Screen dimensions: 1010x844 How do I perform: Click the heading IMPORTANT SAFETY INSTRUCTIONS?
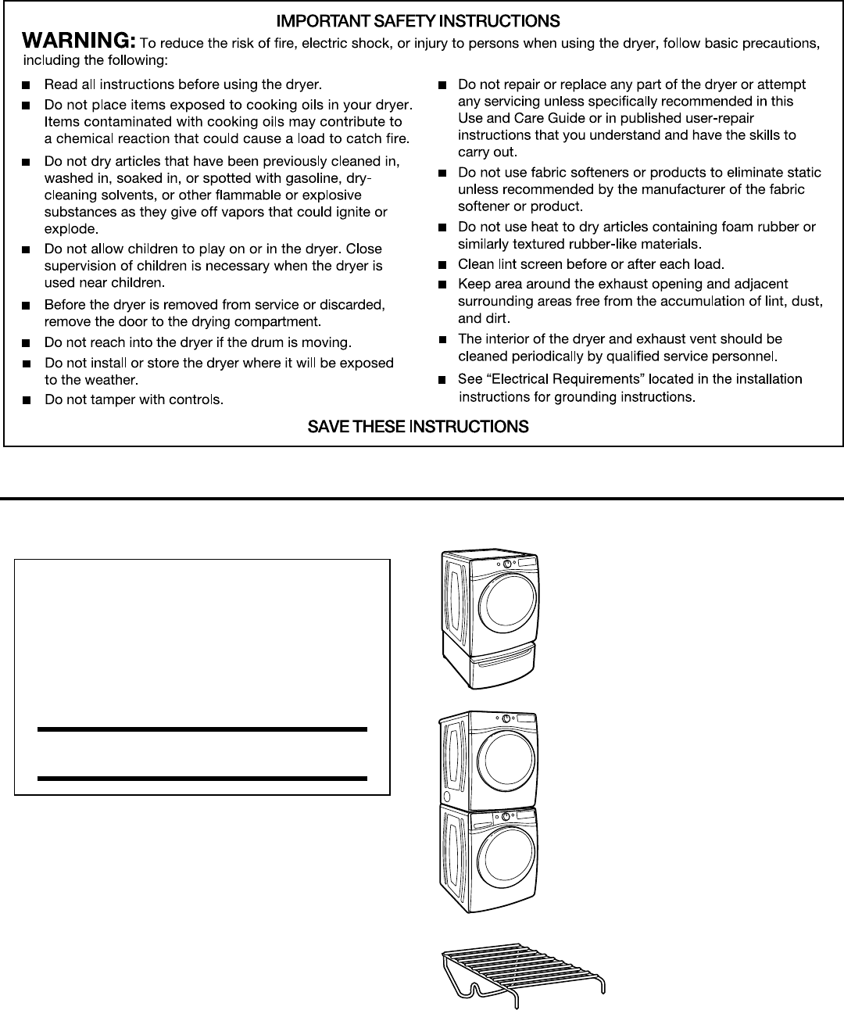tap(418, 21)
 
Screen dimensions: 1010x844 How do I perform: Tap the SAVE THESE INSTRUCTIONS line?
tap(418, 427)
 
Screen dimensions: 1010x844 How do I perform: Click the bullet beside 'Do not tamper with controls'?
tap(27, 400)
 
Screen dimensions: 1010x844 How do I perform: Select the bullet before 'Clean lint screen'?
tap(442, 264)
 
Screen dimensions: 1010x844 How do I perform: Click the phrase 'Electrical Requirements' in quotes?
tap(553, 379)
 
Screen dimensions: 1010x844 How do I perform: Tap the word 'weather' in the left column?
tap(114, 381)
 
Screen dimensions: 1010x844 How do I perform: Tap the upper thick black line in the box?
tap(202, 729)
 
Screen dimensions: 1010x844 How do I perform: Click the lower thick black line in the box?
tap(202, 779)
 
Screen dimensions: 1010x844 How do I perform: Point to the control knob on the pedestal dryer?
tap(507, 563)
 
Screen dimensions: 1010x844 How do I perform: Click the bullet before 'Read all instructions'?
tap(27, 84)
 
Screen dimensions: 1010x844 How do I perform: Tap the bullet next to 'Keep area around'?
tap(442, 284)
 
